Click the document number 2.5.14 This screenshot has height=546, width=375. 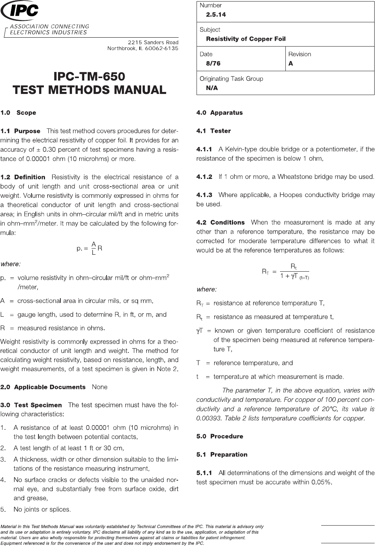click(216, 15)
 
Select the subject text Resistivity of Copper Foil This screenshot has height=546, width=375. click(246, 39)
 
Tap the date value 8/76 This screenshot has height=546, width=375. click(213, 63)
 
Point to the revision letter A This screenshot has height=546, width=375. click(291, 63)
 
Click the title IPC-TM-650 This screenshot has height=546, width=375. click(89, 76)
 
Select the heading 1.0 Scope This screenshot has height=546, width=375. click(18, 113)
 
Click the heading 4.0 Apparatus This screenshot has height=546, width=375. click(219, 113)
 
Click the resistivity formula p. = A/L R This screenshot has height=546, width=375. click(90, 248)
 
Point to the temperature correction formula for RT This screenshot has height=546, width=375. click(285, 271)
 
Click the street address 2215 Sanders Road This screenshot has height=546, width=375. click(153, 42)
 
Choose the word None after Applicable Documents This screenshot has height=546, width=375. click(100, 387)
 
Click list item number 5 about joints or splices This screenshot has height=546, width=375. click(42, 509)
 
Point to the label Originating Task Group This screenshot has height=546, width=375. click(231, 79)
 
